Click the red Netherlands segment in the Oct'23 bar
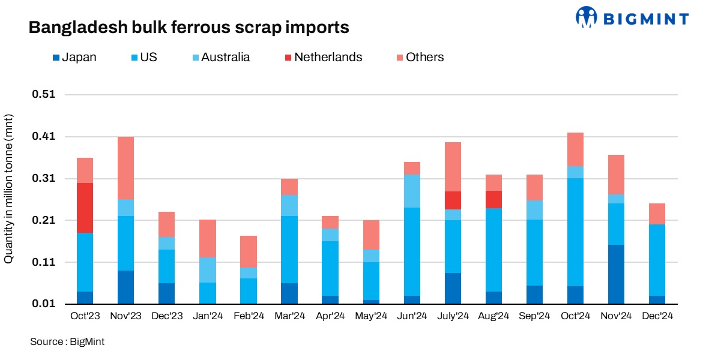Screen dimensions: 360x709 point(85,208)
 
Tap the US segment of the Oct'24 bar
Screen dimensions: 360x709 point(575,232)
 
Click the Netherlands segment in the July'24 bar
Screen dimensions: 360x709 point(453,200)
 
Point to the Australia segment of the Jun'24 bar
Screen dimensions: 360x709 point(412,191)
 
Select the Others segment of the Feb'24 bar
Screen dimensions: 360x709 point(249,251)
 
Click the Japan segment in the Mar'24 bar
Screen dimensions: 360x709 point(289,293)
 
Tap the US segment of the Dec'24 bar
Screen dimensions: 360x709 point(657,260)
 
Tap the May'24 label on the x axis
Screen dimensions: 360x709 point(371,316)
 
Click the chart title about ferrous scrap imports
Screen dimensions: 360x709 point(189,28)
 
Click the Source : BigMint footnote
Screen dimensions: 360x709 point(67,342)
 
